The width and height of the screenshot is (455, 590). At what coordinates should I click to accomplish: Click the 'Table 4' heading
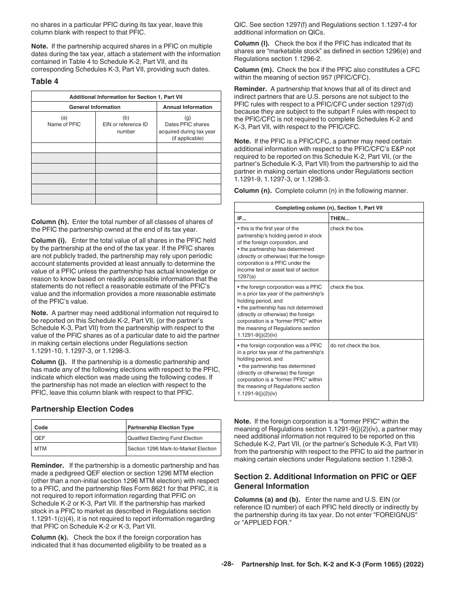45,81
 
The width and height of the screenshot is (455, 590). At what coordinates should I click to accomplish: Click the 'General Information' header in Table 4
94,107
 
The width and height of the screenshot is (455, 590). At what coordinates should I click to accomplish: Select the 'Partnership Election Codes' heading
82,409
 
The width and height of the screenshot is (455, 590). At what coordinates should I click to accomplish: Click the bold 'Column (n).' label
252,190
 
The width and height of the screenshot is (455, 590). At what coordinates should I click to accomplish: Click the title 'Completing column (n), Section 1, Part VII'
329,208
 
